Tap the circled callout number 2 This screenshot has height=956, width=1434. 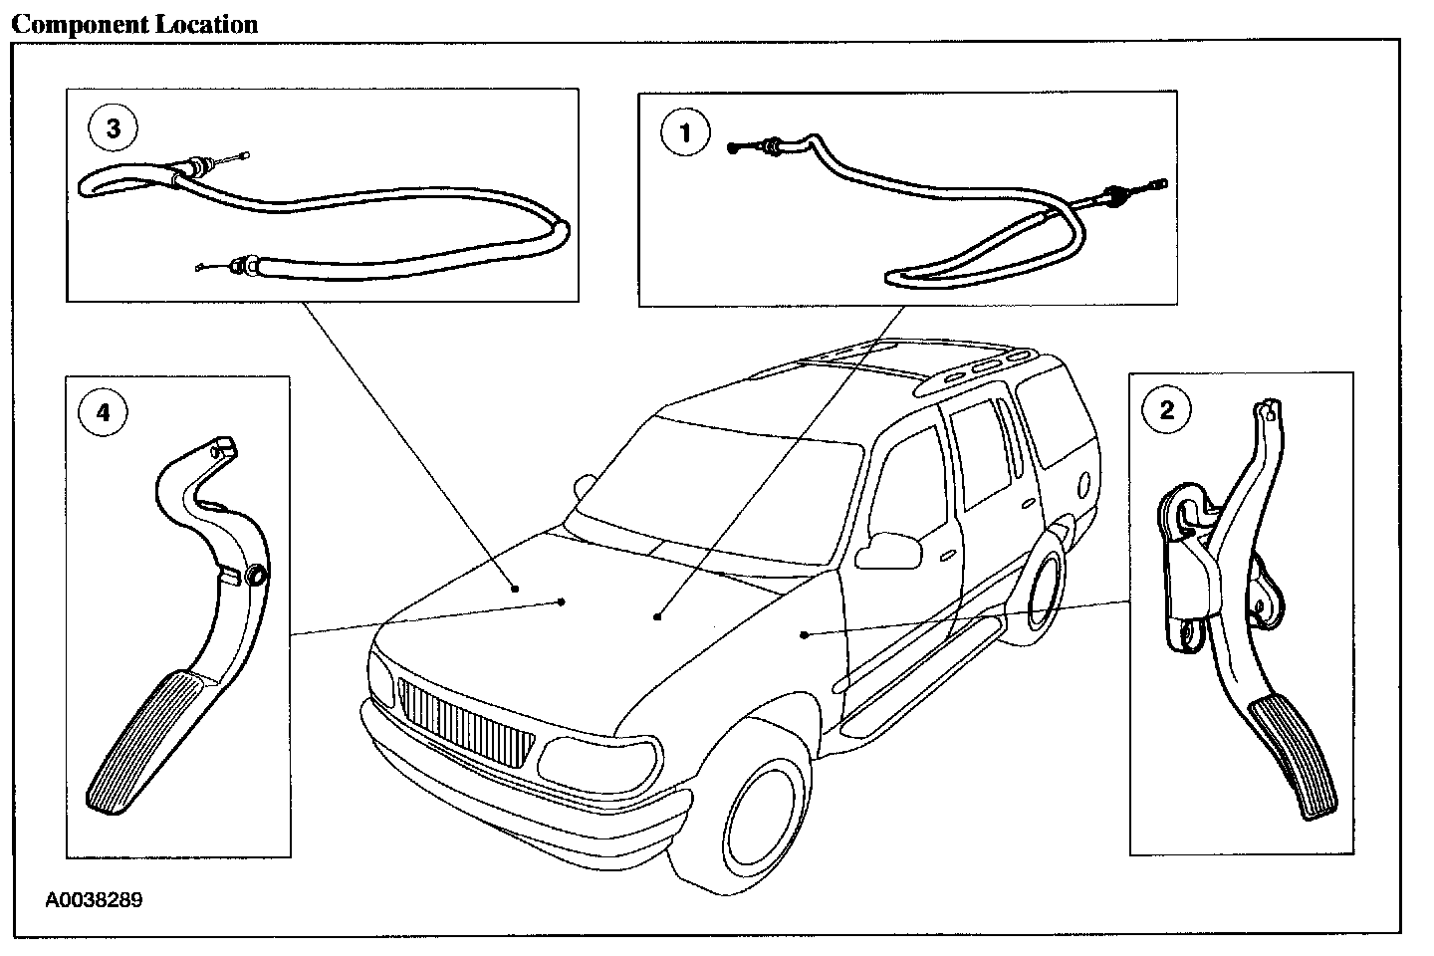1167,409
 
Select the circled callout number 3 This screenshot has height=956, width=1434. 114,128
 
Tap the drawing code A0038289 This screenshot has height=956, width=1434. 94,900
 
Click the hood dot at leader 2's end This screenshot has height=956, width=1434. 804,633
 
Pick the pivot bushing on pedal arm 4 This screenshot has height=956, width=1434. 255,577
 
